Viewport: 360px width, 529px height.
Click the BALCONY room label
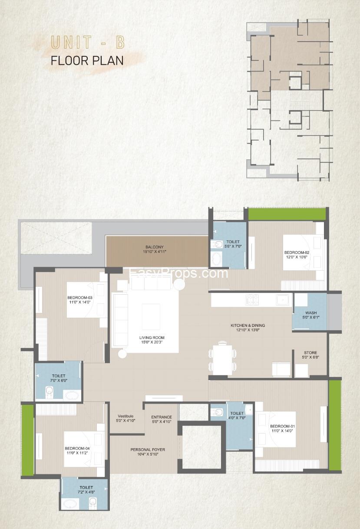(x=154, y=247)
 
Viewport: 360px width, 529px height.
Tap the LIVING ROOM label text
(x=152, y=338)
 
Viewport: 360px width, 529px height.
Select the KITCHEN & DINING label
(x=248, y=325)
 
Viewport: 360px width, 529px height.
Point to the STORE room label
(x=310, y=352)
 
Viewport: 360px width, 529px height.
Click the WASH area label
(x=311, y=313)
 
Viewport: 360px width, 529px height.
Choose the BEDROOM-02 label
(x=297, y=253)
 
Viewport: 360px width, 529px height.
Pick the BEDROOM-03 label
(x=79, y=298)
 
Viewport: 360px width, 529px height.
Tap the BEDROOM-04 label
(x=77, y=448)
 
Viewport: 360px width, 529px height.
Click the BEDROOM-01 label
(x=282, y=426)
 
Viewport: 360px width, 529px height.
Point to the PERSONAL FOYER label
(x=148, y=450)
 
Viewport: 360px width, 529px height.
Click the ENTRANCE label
(x=162, y=417)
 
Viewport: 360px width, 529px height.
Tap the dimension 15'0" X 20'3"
(x=152, y=342)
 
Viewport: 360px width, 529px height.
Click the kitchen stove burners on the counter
(x=252, y=299)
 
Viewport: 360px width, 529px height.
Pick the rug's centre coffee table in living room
(x=151, y=317)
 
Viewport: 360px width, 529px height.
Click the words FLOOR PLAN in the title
(x=87, y=60)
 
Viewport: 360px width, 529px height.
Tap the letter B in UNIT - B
(x=120, y=42)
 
